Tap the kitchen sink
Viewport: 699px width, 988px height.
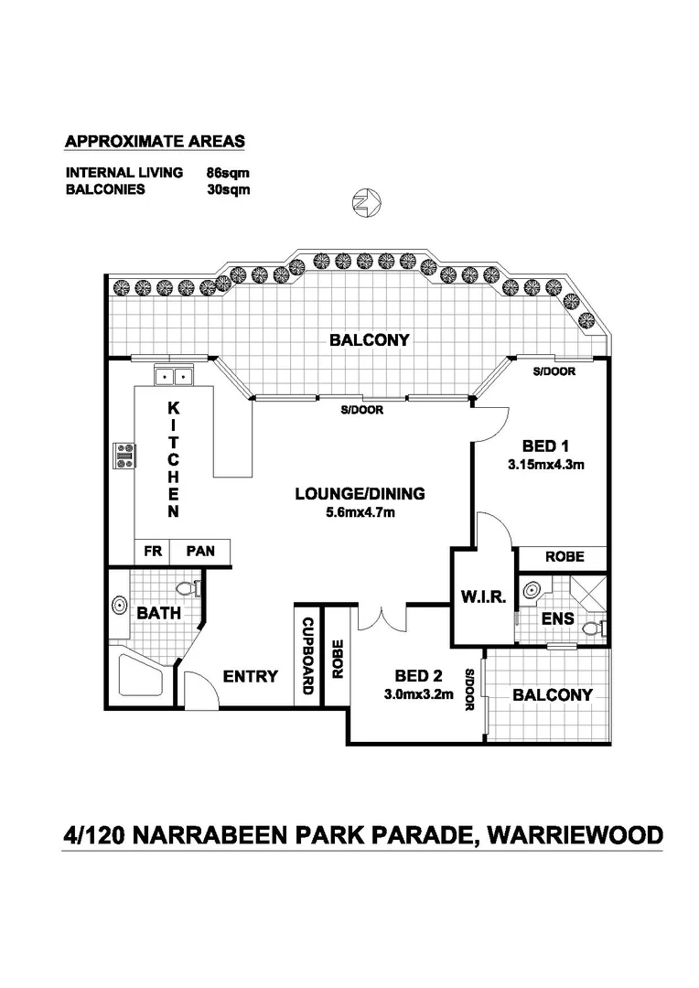click(172, 375)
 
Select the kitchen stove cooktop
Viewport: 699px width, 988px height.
click(124, 455)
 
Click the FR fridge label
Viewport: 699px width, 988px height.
click(150, 552)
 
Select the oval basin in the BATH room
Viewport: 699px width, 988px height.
click(119, 605)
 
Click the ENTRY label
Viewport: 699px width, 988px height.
click(250, 677)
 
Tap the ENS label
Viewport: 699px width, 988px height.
click(557, 619)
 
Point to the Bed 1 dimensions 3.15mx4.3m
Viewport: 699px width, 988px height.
click(546, 464)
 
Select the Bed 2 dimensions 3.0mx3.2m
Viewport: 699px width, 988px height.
click(418, 694)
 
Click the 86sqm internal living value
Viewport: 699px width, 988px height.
click(228, 172)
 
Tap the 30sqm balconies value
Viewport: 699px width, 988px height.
click(228, 189)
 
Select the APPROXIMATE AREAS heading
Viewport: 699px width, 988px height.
click(155, 142)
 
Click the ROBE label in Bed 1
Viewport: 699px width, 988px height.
click(564, 556)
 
